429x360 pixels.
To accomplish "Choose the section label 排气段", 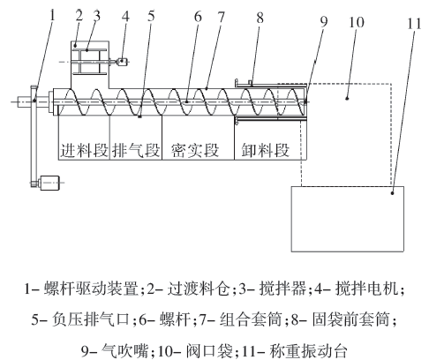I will coord(135,149).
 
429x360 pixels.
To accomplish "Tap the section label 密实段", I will coord(195,149).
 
